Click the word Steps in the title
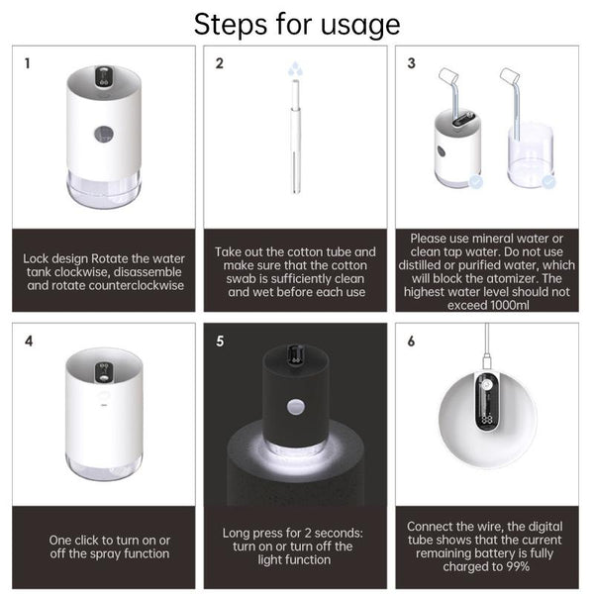232,25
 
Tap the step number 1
28,63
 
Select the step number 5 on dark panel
220,341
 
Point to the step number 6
412,341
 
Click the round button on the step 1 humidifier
104,134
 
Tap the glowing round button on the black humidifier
296,407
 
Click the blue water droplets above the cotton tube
295,69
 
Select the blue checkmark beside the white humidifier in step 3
476,182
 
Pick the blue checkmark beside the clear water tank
548,182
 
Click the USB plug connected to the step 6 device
487,361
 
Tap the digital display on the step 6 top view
487,419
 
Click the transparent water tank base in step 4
104,465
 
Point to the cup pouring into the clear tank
510,77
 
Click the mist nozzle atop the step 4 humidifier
104,372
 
